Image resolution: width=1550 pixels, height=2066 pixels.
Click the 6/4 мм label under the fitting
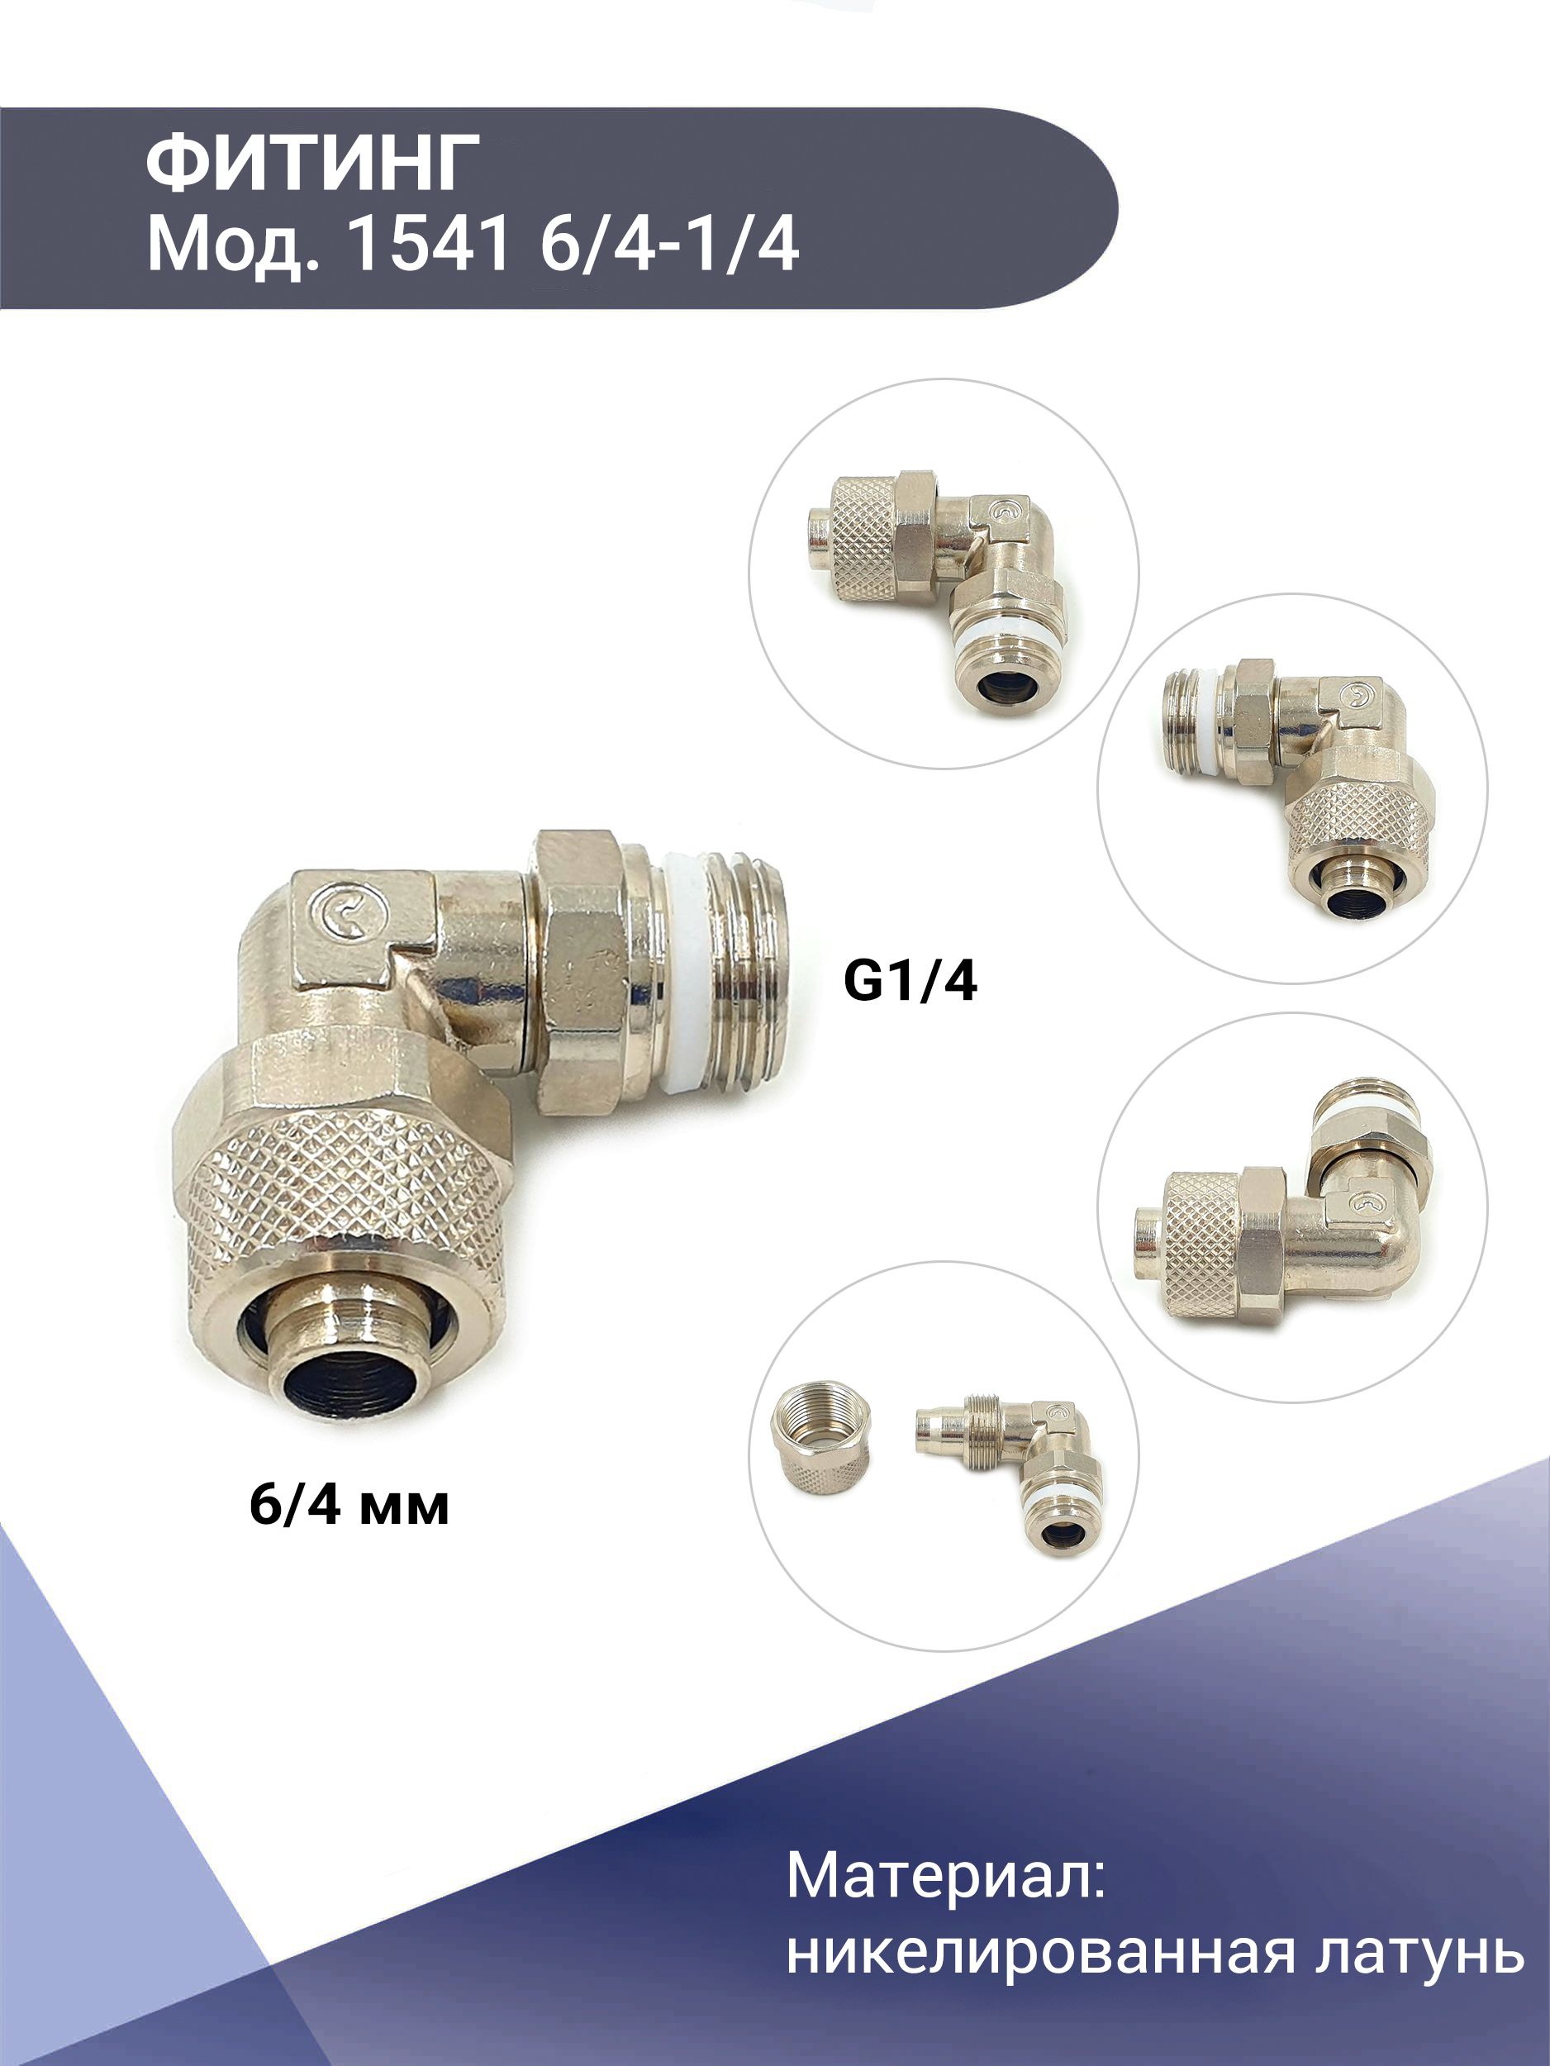tap(349, 1505)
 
